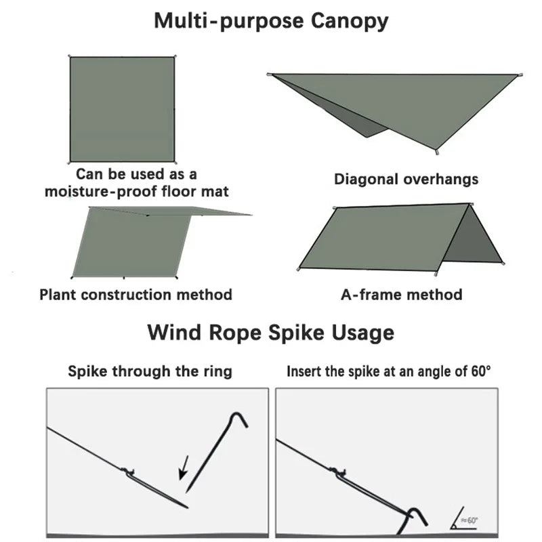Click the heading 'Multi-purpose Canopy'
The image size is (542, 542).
pos(271,21)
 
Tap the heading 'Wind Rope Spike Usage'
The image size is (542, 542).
pos(271,333)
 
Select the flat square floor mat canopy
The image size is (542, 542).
pos(122,109)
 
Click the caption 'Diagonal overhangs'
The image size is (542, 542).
pos(406,180)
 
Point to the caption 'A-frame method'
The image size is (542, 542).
pos(401,295)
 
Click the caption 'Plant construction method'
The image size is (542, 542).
pos(135,295)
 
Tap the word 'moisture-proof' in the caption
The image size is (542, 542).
pos(94,192)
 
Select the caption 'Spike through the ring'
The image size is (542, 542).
pos(150,371)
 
